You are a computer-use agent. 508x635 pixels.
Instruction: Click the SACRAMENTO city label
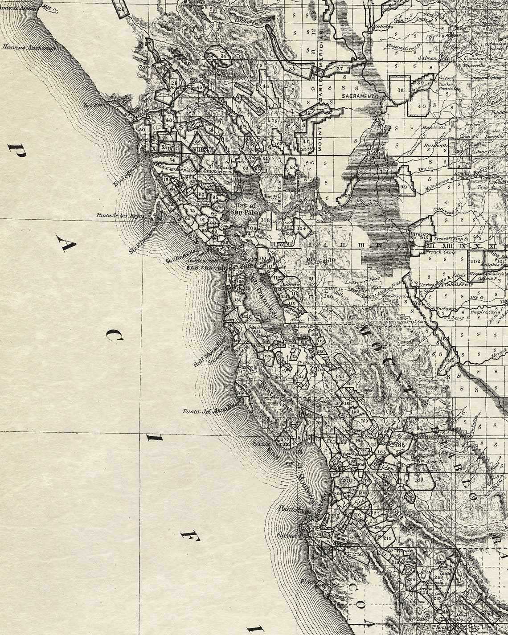[360, 96]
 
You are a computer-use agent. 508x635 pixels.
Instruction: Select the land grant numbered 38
[400, 90]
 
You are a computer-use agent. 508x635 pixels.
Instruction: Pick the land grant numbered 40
[422, 106]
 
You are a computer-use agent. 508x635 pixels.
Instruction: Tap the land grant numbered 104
[302, 228]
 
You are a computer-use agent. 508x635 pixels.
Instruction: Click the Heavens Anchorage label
[29, 47]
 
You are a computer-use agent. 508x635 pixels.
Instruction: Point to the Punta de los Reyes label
[120, 216]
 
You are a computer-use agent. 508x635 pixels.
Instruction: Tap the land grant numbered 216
[387, 538]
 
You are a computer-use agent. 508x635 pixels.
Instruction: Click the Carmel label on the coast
[287, 535]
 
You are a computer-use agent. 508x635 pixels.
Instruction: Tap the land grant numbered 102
[475, 261]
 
